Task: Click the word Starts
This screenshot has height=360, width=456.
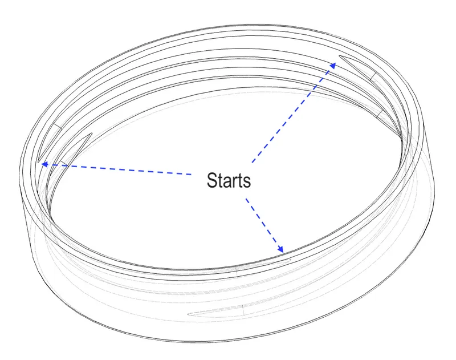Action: [229, 180]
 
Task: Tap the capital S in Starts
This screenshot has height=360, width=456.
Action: [211, 180]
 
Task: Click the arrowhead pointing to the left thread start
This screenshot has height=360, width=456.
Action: [45, 164]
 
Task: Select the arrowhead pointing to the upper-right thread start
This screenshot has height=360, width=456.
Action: [333, 66]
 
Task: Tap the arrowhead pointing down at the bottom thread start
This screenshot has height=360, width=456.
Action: [280, 249]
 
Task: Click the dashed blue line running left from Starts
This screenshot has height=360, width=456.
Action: [116, 169]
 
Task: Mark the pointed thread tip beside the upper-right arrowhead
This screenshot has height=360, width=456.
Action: [340, 56]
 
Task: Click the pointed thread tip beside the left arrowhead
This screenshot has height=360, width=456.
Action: [39, 161]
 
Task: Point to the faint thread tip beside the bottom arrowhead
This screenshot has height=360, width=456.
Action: [290, 260]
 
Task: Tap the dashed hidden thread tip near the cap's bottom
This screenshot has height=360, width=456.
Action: [189, 314]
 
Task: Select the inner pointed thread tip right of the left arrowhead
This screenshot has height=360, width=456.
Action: [91, 134]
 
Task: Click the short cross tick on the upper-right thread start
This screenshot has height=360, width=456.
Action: [373, 76]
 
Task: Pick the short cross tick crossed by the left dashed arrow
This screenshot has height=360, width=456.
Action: [63, 164]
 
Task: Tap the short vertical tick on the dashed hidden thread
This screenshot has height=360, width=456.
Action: [243, 310]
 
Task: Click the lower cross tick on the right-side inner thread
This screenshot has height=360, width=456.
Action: [381, 114]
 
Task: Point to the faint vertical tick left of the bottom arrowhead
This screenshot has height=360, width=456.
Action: [236, 270]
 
